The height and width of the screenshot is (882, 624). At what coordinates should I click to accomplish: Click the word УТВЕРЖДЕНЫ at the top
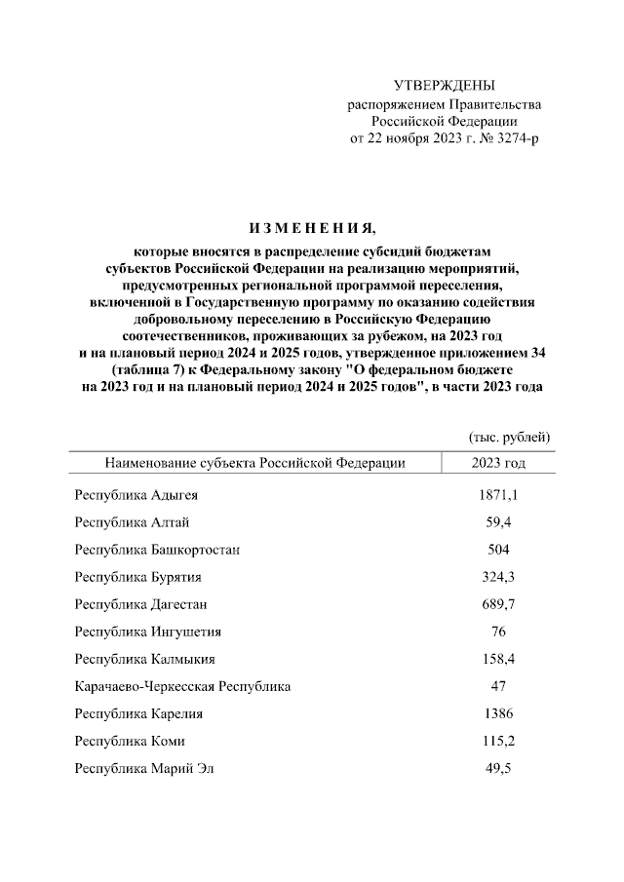pyautogui.click(x=444, y=86)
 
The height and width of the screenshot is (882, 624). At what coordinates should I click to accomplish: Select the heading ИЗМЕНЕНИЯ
pyautogui.click(x=311, y=229)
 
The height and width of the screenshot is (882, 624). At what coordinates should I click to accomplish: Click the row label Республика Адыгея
pyautogui.click(x=136, y=495)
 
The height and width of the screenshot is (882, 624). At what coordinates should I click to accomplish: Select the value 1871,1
pyautogui.click(x=497, y=495)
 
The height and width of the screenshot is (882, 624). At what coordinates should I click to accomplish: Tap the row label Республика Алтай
pyautogui.click(x=128, y=522)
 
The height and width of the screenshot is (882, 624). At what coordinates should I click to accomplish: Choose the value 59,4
pyautogui.click(x=497, y=522)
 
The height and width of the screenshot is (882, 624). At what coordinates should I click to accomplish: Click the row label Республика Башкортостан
pyautogui.click(x=157, y=550)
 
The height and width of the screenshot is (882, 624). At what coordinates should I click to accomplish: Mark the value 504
pyautogui.click(x=497, y=550)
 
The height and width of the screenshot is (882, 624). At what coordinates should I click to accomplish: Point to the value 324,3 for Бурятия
pyautogui.click(x=497, y=577)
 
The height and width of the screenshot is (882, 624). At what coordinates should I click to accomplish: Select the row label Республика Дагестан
pyautogui.click(x=140, y=604)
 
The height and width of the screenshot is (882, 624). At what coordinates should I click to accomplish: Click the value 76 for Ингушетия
pyautogui.click(x=497, y=632)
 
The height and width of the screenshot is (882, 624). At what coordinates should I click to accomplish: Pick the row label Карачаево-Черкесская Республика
pyautogui.click(x=182, y=686)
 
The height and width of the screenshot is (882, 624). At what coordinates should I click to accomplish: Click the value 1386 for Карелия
pyautogui.click(x=497, y=713)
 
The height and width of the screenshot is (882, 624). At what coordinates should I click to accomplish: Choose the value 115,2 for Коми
pyautogui.click(x=497, y=741)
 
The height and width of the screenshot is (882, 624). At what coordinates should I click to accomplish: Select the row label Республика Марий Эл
pyautogui.click(x=143, y=768)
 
